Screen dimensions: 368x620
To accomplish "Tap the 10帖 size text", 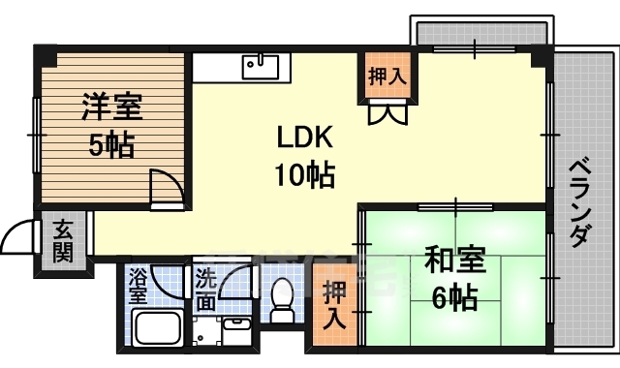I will click(305, 175).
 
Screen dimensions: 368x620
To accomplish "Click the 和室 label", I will click(455, 261).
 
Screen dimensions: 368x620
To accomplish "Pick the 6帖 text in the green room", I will click(454, 298).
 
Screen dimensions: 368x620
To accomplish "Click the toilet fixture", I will click(283, 301).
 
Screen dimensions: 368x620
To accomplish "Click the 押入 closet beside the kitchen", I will click(385, 75).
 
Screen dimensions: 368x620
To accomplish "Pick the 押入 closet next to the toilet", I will click(334, 303).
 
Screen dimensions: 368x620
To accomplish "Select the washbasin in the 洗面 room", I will click(235, 332).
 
